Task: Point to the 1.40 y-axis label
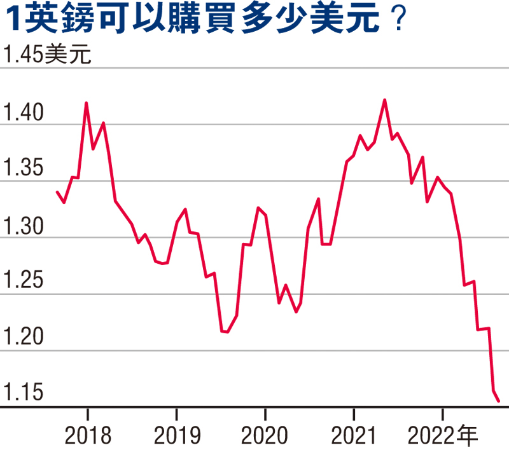[25, 114]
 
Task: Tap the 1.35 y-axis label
[25, 170]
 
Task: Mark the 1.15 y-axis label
[25, 393]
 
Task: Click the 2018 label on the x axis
[88, 437]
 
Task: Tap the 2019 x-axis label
[176, 437]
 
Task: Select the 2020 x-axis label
[265, 437]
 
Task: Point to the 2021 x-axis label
[354, 437]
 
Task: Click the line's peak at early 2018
[87, 102]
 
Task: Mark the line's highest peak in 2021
[384, 100]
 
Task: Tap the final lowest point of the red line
[499, 401]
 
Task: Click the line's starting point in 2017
[57, 192]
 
